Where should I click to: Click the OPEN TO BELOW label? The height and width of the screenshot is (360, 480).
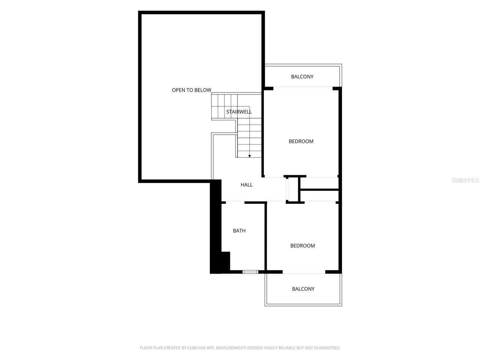(x=191, y=90)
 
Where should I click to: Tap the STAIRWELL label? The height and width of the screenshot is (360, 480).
(x=239, y=112)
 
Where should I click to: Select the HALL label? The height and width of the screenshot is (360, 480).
(x=247, y=185)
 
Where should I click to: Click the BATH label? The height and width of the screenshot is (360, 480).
(x=239, y=231)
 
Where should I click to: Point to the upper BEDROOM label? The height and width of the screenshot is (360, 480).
(x=301, y=141)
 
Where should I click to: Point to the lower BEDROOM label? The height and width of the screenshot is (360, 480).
(x=302, y=246)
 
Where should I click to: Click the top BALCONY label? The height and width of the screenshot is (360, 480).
(x=302, y=77)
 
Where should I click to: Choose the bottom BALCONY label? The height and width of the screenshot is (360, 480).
(x=303, y=289)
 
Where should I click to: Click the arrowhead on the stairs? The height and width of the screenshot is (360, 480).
(x=250, y=156)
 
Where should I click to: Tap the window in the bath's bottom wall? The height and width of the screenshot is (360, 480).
(x=250, y=272)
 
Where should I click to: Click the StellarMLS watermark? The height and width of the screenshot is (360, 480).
(x=465, y=180)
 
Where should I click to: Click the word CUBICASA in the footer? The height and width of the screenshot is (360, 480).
(x=196, y=348)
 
